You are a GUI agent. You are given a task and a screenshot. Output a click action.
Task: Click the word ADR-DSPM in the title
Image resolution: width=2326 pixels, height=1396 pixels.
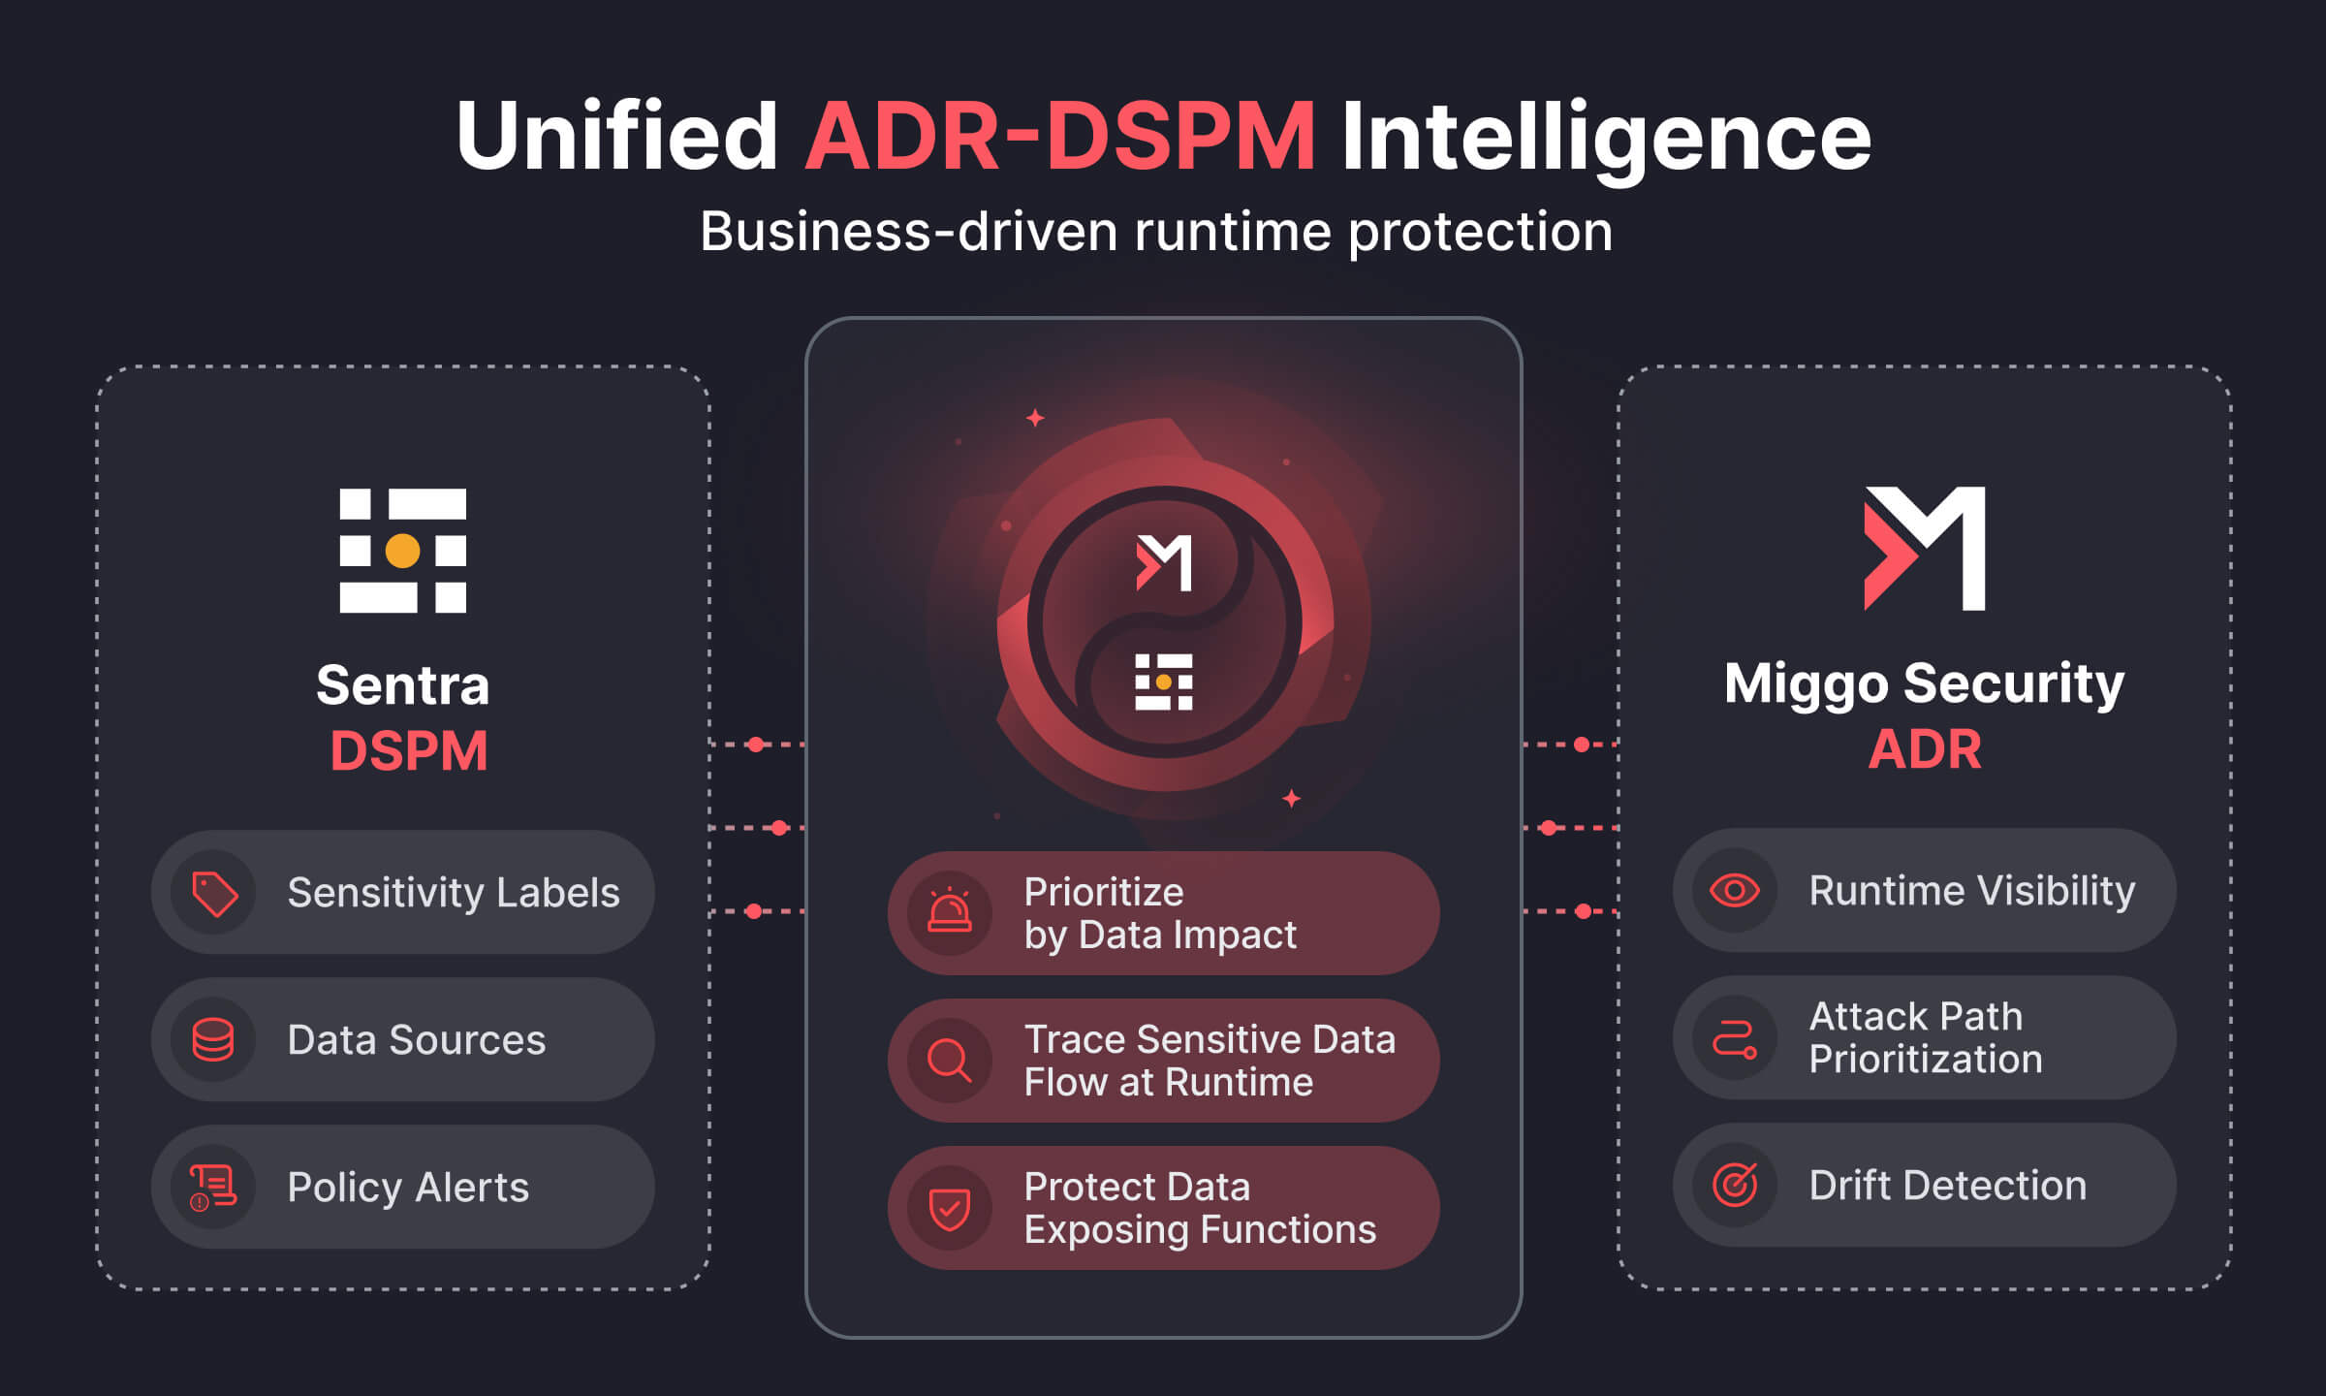(x=1059, y=137)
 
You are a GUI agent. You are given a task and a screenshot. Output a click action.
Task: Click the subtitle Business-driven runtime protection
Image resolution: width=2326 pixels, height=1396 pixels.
(x=1156, y=232)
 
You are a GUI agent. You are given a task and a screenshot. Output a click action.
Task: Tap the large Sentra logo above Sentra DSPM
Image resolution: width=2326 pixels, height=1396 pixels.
(x=402, y=551)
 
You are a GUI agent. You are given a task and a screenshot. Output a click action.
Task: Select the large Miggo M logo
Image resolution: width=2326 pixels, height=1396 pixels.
(x=1925, y=548)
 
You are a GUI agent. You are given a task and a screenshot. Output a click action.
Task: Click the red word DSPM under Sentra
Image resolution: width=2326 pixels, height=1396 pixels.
(x=408, y=751)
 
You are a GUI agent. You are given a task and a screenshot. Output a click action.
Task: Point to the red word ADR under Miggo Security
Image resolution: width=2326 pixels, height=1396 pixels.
(x=1925, y=749)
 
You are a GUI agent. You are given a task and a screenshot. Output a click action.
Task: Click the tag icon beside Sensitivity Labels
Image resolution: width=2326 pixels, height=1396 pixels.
(x=214, y=893)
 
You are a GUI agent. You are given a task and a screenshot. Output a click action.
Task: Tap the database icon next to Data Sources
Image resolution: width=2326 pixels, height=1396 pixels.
(x=213, y=1040)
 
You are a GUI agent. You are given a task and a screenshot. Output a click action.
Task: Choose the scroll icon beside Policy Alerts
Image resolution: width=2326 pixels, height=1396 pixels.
(x=213, y=1188)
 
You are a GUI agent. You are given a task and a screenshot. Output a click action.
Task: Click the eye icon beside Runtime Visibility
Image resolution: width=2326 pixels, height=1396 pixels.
(x=1735, y=890)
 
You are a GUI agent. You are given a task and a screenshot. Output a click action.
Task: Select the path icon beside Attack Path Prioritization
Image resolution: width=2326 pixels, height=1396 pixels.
(x=1735, y=1038)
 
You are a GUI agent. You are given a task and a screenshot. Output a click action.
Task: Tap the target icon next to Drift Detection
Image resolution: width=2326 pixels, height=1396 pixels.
(x=1735, y=1185)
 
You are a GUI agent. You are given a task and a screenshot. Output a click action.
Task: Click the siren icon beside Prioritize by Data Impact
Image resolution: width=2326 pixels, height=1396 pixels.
(x=950, y=912)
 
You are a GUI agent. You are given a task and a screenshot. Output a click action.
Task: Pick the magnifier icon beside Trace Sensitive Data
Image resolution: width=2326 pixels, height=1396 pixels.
(x=950, y=1061)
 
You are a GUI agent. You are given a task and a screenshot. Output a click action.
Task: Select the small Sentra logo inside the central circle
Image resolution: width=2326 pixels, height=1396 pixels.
(x=1164, y=682)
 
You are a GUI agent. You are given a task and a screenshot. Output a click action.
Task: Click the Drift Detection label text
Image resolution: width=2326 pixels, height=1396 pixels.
(x=1947, y=1186)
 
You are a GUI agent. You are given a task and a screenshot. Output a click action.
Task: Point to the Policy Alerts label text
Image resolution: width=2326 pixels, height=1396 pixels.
(x=408, y=1188)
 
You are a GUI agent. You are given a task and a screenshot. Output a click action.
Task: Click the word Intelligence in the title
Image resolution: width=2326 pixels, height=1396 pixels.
(x=1606, y=137)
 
